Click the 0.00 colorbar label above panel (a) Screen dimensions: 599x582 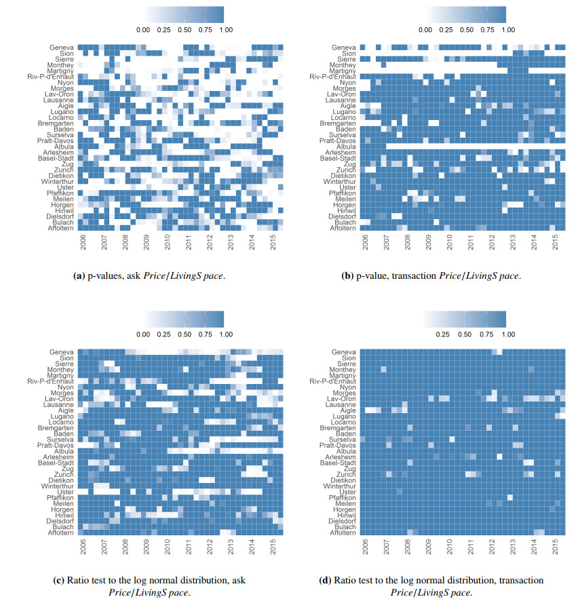pos(142,30)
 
